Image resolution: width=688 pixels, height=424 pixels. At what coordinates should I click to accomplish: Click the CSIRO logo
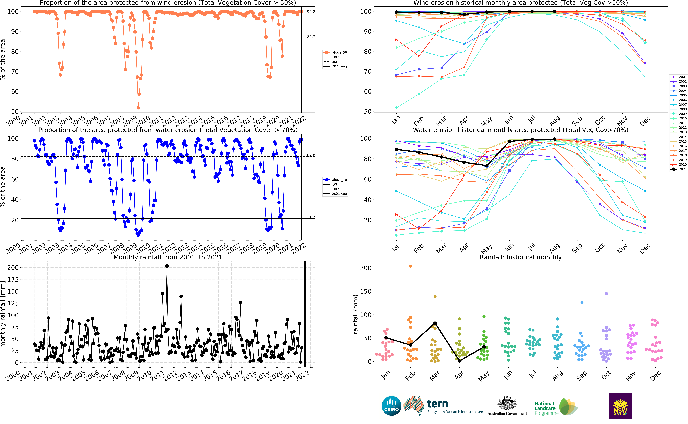(x=391, y=406)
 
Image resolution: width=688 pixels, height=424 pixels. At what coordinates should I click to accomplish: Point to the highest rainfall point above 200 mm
(x=167, y=266)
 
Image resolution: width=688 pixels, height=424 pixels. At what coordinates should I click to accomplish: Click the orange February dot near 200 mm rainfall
(x=410, y=266)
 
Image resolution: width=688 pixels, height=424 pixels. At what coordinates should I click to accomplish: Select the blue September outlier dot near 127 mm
(x=582, y=302)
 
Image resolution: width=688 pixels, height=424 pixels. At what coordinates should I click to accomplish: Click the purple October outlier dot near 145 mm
(x=606, y=294)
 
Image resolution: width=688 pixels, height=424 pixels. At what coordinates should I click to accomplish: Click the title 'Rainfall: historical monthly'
(x=521, y=257)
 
